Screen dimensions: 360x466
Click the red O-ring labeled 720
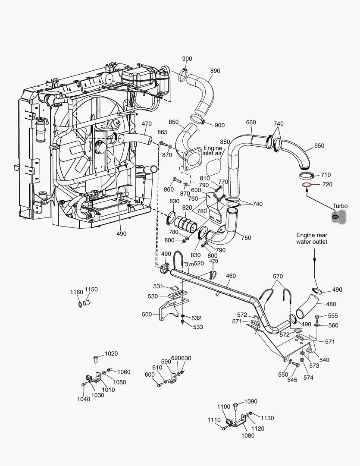(306, 185)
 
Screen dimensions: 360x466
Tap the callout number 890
(215, 71)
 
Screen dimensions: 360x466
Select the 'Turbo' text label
(340, 206)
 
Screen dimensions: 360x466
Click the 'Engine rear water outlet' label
(311, 238)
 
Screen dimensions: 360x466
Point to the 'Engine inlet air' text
(213, 151)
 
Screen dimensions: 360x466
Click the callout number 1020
(111, 353)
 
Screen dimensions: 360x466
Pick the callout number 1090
(250, 401)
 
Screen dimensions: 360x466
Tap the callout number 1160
(76, 292)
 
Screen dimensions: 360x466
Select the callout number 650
(319, 146)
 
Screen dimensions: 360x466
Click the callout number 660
(251, 122)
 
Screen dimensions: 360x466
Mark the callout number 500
(147, 315)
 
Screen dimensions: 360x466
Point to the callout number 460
(231, 276)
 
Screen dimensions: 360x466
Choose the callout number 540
(324, 359)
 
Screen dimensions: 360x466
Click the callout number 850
(174, 122)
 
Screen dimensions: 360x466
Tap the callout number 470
(147, 123)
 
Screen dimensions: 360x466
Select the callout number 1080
(248, 435)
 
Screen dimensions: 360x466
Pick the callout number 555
(333, 316)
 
